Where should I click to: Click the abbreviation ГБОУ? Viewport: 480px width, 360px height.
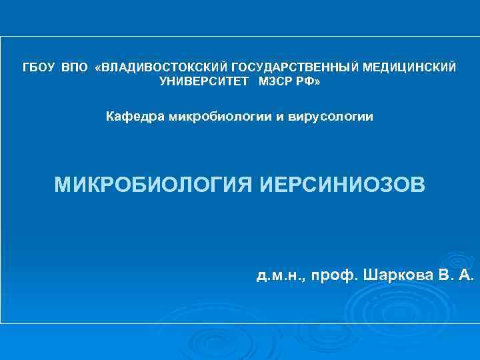click(x=39, y=68)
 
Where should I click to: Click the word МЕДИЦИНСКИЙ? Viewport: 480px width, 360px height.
click(x=411, y=68)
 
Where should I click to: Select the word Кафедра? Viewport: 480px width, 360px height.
click(x=135, y=117)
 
